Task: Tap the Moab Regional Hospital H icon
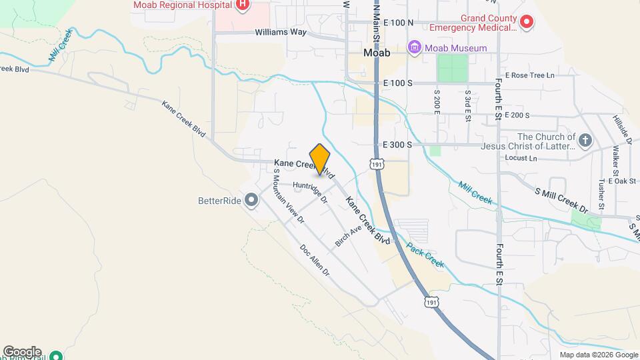(x=243, y=5)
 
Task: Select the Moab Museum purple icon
(x=415, y=48)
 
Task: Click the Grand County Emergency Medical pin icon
(x=527, y=23)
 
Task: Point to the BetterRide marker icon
(x=251, y=200)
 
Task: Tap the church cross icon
(x=585, y=140)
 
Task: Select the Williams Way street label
(x=279, y=32)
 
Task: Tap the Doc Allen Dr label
(x=315, y=261)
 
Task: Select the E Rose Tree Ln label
(x=529, y=75)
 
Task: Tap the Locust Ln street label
(x=522, y=159)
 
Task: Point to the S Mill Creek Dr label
(x=562, y=200)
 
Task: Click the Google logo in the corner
(x=22, y=352)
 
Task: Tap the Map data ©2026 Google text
(x=597, y=355)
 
